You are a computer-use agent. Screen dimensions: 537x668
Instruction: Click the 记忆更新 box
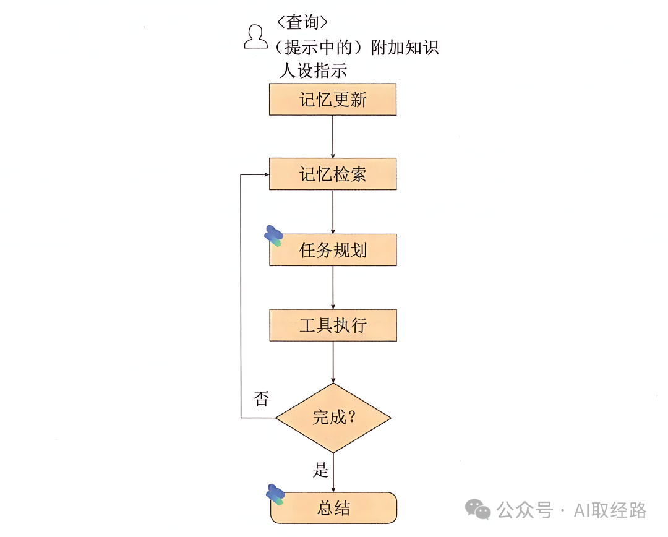pos(333,100)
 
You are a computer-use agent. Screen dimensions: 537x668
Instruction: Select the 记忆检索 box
pos(333,174)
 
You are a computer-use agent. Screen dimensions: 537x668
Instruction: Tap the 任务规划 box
pos(333,250)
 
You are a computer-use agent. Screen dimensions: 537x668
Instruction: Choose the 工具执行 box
pos(333,325)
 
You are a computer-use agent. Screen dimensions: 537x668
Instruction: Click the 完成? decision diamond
pos(333,418)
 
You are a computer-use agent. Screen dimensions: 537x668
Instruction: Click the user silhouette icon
pos(255,37)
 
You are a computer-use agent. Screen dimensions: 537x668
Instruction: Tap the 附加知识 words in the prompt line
pos(405,48)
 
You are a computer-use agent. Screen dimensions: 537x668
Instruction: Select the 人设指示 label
pos(313,71)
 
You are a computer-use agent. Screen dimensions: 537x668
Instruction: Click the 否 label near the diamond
pos(261,399)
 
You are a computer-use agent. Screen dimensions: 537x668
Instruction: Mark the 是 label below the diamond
pos(320,470)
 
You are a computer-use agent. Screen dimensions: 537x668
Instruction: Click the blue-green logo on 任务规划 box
pos(274,236)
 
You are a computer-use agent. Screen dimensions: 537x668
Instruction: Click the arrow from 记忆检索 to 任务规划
pos(333,212)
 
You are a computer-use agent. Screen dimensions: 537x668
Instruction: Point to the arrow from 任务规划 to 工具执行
pos(333,287)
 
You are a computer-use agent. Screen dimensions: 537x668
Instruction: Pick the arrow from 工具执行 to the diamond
pos(333,362)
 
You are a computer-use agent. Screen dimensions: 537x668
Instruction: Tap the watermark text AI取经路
pos(610,510)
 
